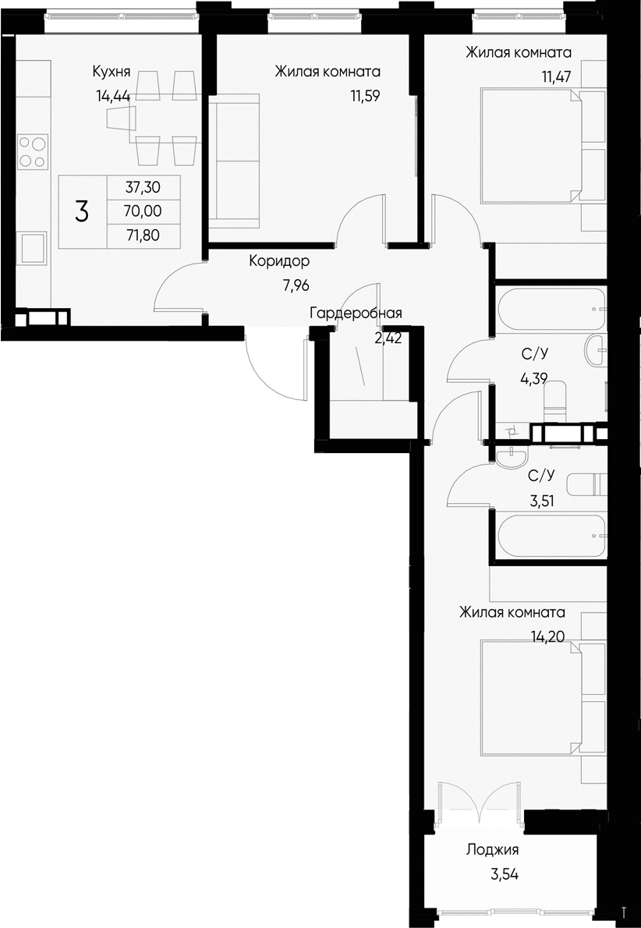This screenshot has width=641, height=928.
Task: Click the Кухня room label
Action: [110, 73]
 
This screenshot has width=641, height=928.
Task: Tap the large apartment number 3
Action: [82, 211]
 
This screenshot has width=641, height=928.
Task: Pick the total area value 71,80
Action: [142, 233]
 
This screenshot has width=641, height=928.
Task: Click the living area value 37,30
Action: [142, 187]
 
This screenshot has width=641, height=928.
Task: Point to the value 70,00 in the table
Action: [142, 211]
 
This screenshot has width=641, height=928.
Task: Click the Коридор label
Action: [279, 261]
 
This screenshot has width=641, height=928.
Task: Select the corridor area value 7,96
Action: [296, 285]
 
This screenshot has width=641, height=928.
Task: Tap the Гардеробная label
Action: [356, 313]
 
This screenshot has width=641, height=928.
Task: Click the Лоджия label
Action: [492, 850]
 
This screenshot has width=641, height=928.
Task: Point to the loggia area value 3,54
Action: [505, 874]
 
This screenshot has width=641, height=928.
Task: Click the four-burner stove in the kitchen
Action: [32, 151]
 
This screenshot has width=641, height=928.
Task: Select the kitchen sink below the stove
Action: [33, 251]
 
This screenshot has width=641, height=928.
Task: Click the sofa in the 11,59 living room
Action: [234, 160]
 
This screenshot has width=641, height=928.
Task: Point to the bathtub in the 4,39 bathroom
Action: [551, 310]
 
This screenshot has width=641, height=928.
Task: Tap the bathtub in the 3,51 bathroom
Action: [551, 536]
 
